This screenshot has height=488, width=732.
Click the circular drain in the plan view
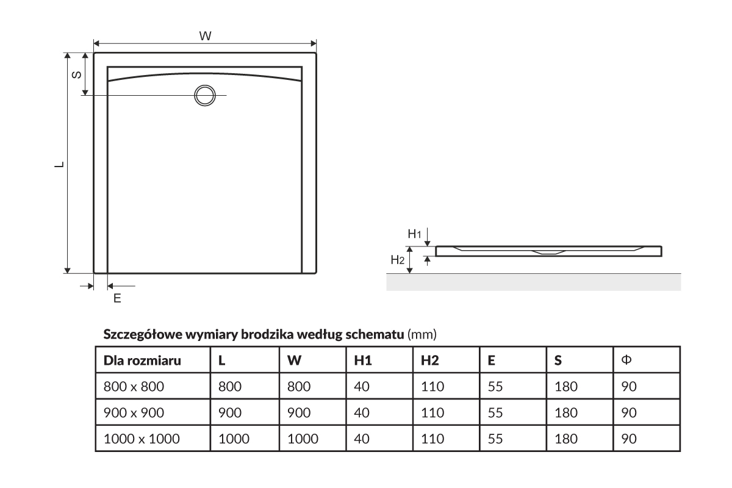click(204, 95)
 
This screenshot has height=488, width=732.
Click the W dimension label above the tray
click(206, 36)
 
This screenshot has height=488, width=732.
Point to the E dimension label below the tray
click(117, 298)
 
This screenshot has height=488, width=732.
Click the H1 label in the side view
click(415, 234)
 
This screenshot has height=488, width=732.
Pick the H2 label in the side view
click(397, 260)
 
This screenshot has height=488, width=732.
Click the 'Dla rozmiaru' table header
click(142, 361)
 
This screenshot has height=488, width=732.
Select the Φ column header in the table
click(626, 360)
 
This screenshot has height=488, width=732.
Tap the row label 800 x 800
click(134, 386)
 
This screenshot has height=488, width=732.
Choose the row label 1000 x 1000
click(142, 439)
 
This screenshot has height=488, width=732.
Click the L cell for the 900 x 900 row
click(230, 412)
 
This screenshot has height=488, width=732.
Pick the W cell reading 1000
click(303, 439)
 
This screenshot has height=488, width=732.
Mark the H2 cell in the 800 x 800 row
click(432, 386)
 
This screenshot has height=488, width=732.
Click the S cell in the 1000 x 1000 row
click(565, 439)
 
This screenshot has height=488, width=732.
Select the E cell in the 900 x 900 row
click(495, 412)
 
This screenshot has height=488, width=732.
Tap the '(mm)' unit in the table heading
click(422, 334)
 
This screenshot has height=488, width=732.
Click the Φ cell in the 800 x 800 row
click(628, 386)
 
